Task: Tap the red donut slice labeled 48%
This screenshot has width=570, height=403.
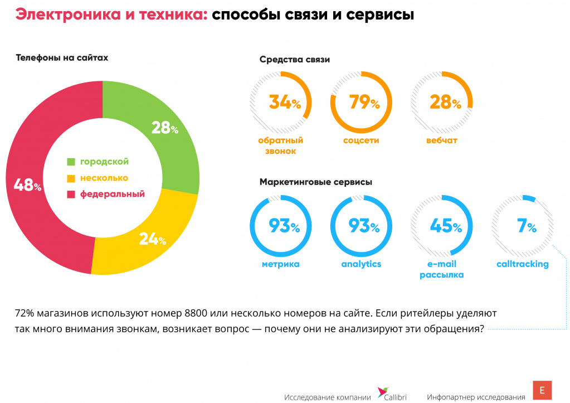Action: (33, 184)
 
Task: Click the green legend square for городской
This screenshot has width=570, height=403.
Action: (71, 162)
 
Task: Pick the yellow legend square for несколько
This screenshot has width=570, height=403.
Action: (71, 178)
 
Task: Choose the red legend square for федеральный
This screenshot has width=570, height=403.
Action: (71, 195)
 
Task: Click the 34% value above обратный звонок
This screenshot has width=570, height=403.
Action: (284, 103)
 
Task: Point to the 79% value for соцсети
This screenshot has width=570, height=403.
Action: (364, 103)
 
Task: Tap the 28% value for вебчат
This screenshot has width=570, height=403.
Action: (445, 103)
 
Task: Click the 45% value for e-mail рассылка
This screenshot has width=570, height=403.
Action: (445, 226)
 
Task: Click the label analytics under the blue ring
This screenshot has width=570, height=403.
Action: (361, 264)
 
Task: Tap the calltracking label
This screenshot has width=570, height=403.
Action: (523, 264)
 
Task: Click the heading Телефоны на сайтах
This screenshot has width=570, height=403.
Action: (62, 57)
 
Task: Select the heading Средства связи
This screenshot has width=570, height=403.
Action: (295, 60)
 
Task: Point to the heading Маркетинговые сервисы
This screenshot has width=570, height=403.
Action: (316, 182)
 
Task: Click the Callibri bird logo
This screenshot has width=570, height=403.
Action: (383, 392)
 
